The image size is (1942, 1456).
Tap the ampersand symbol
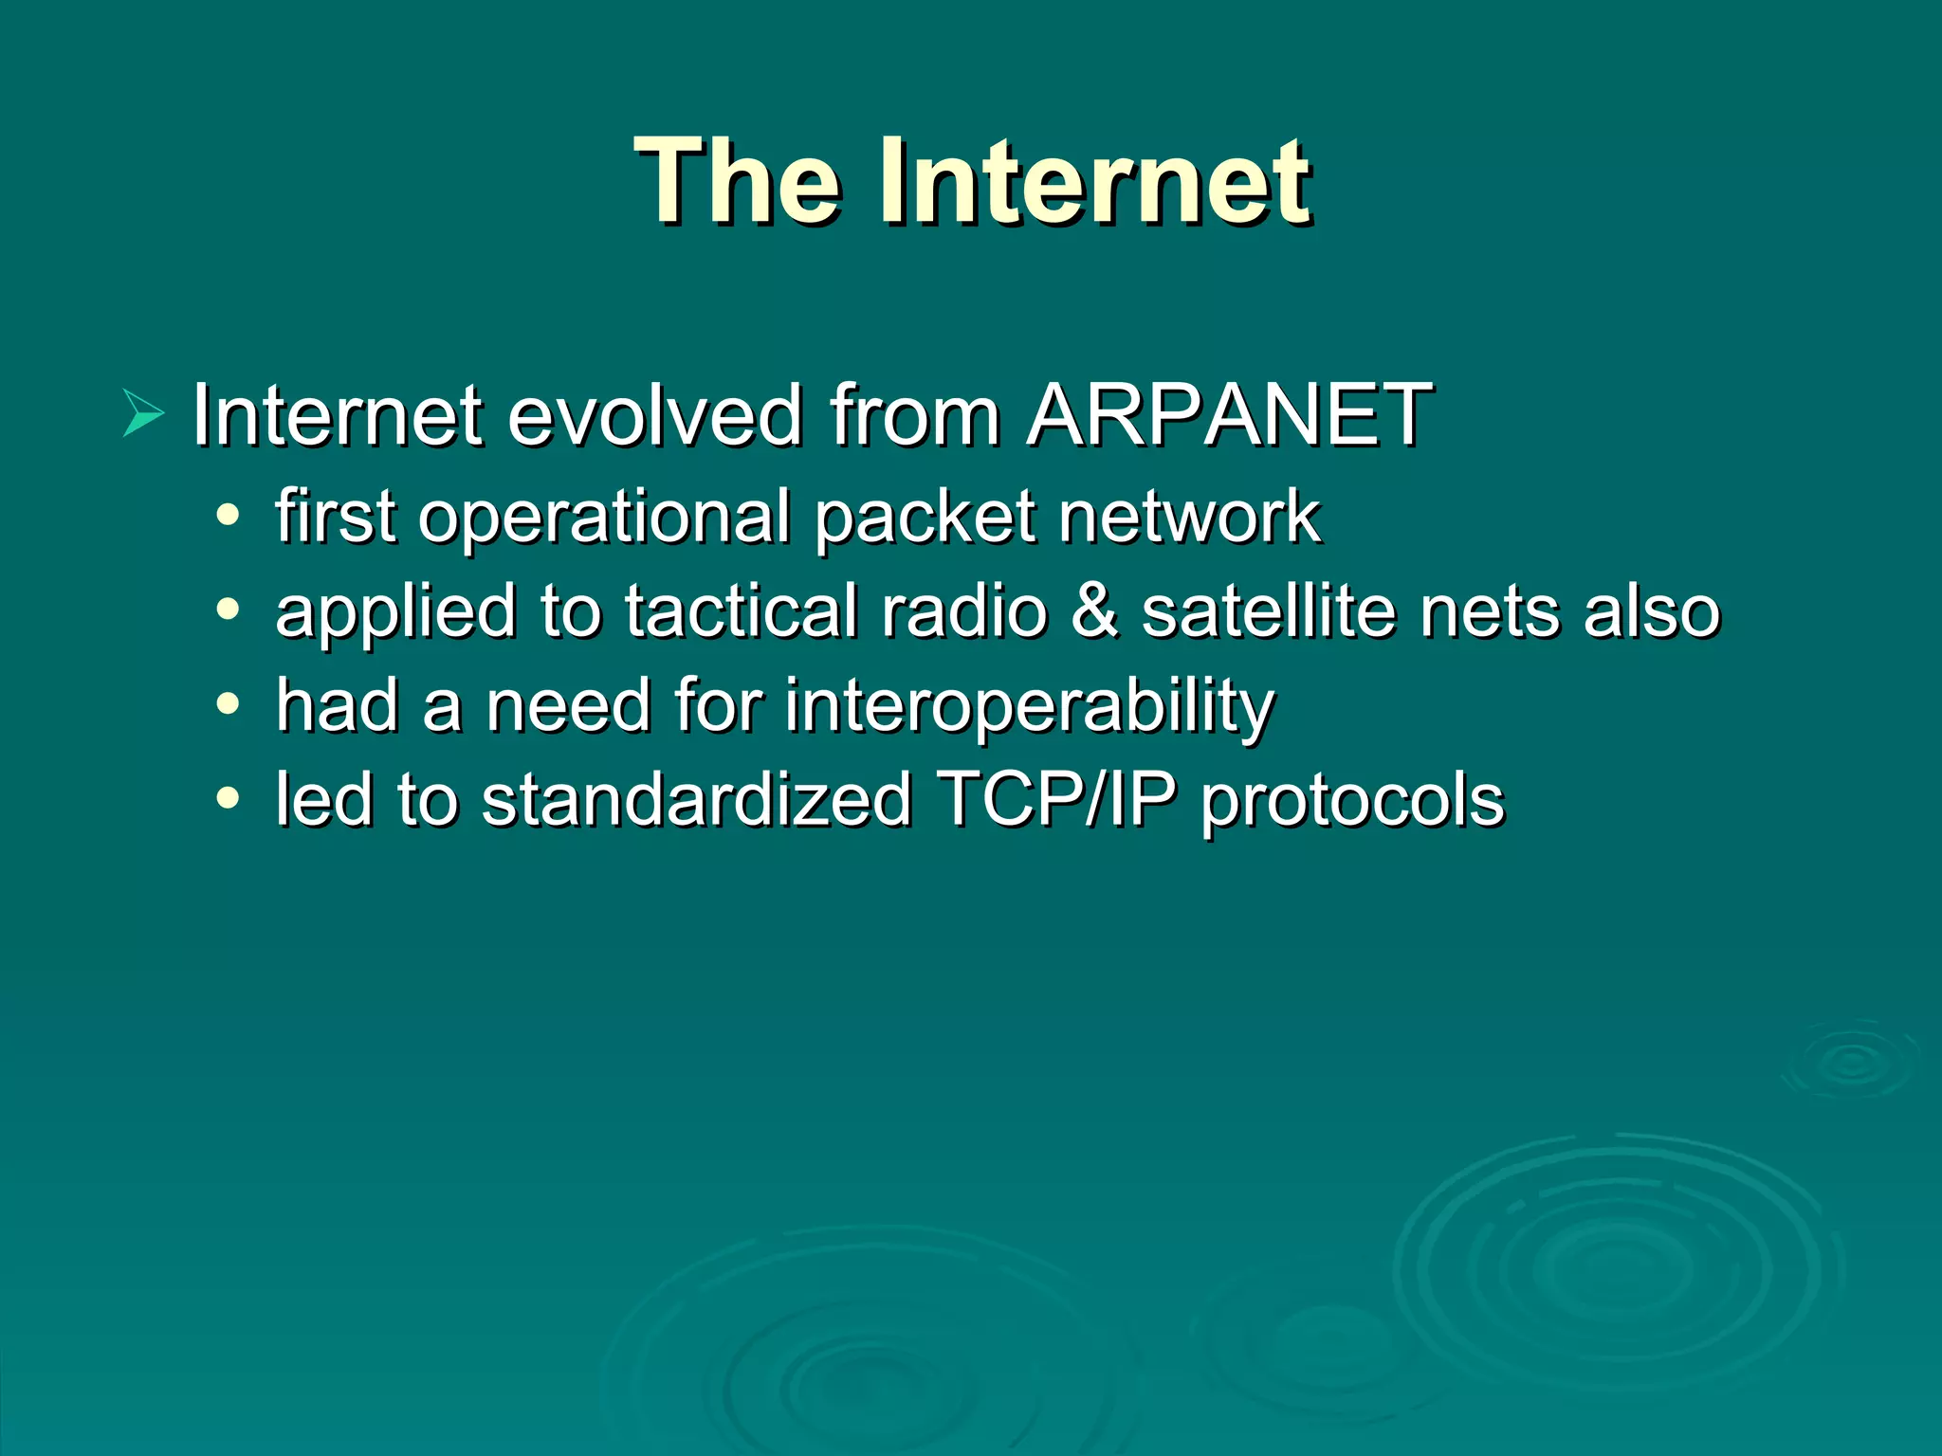(1094, 611)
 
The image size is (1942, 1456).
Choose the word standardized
(697, 799)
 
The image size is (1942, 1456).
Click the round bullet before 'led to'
(228, 798)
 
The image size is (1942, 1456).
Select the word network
(1190, 518)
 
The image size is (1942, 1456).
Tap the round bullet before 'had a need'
(228, 704)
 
